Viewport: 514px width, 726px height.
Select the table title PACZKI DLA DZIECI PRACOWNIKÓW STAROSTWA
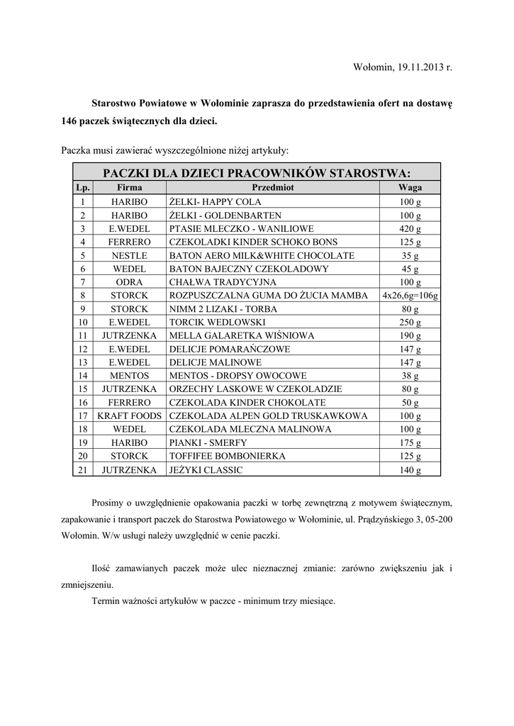(x=257, y=173)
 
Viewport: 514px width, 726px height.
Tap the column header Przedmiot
(x=273, y=188)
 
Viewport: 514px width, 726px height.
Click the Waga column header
(x=410, y=188)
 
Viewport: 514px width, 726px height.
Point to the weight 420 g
(x=410, y=229)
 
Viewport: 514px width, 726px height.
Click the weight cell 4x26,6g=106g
(x=410, y=296)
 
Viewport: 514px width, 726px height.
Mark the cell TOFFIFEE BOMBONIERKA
(x=228, y=456)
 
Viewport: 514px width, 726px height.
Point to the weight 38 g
(x=410, y=376)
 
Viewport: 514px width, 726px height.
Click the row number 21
(x=83, y=469)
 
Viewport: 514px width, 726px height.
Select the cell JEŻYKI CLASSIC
(x=206, y=469)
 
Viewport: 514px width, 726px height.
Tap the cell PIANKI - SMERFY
(x=208, y=442)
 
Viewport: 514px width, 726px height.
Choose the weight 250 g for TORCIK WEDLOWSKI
(x=410, y=323)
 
